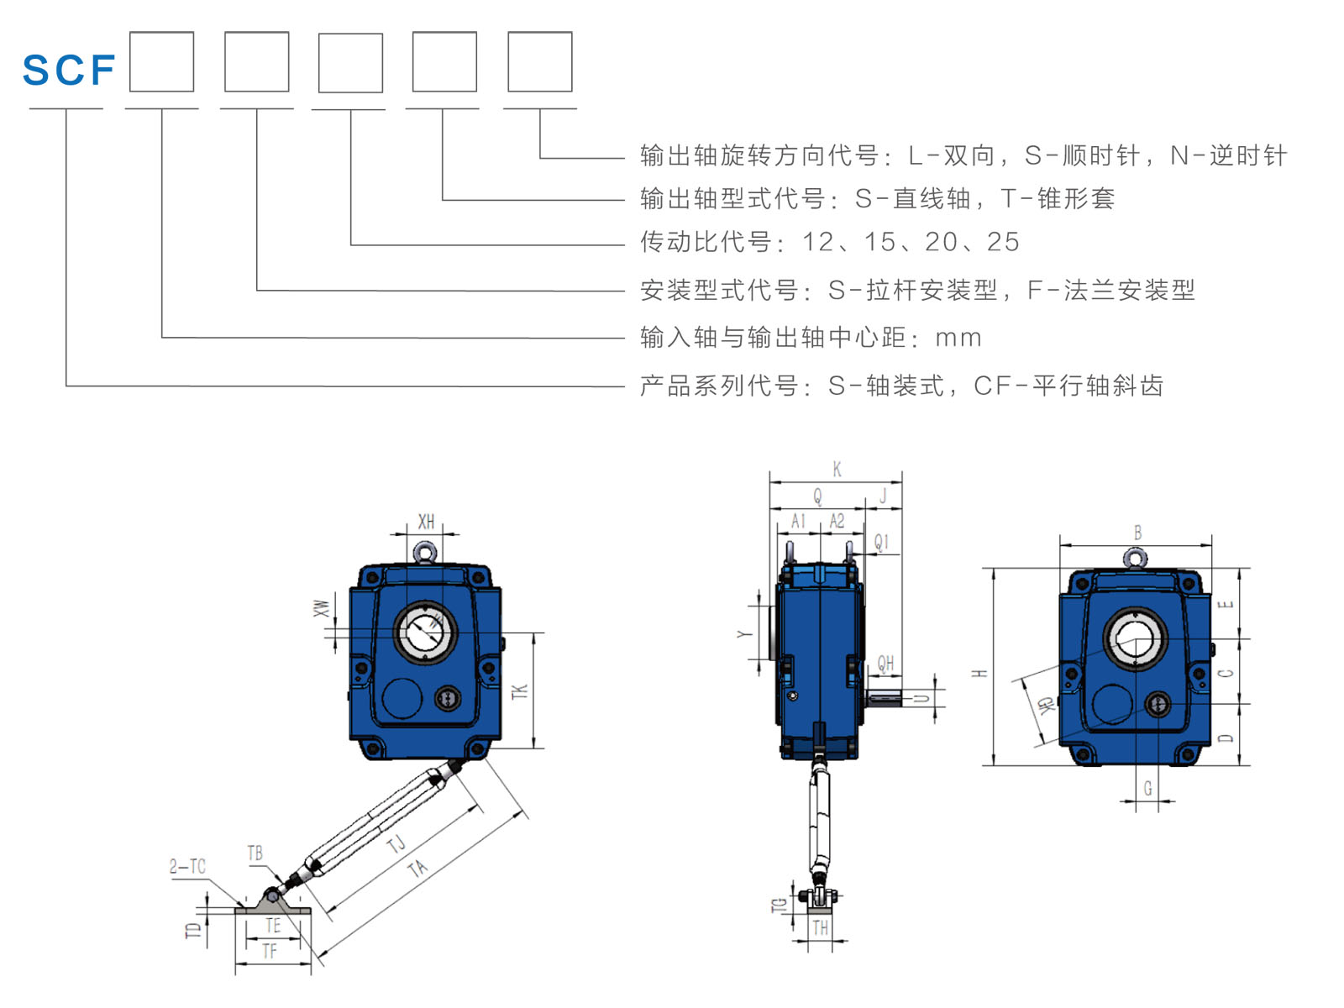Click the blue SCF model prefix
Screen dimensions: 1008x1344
click(68, 70)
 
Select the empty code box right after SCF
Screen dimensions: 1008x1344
click(161, 62)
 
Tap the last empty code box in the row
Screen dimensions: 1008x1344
click(539, 62)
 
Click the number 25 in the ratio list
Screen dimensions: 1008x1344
click(1003, 242)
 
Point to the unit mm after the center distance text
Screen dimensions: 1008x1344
click(958, 338)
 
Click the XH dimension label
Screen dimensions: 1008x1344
click(426, 522)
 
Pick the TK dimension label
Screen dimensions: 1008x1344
click(520, 691)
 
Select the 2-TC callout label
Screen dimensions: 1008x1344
click(186, 866)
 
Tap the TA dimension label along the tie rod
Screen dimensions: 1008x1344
click(417, 868)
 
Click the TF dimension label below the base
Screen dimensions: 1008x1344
click(269, 952)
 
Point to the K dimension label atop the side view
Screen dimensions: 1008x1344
click(837, 469)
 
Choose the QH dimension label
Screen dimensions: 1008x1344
click(885, 664)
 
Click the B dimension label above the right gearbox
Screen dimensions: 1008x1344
click(1137, 533)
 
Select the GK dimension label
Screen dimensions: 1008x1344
click(1045, 705)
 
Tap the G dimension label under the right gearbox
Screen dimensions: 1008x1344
click(1147, 789)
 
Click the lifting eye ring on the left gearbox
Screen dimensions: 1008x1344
click(424, 552)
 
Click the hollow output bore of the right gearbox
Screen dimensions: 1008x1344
click(1135, 639)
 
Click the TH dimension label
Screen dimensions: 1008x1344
click(820, 928)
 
